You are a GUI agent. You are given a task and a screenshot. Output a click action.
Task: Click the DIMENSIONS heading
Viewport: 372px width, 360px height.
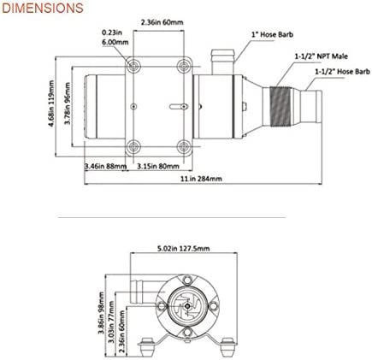coord(42,9)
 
